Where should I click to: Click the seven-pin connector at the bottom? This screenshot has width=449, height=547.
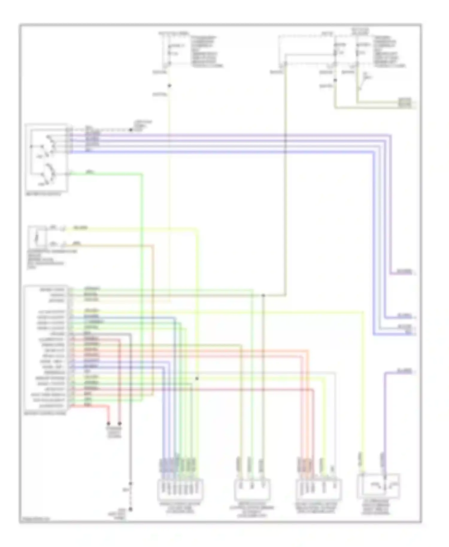coord(180,490)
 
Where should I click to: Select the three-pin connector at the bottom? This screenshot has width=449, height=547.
coord(252,490)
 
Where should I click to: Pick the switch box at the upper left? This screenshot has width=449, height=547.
coord(46,157)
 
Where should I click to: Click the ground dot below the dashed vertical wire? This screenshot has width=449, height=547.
coord(131,509)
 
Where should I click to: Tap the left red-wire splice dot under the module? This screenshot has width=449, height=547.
coord(108,423)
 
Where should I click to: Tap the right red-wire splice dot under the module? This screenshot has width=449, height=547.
coord(120,423)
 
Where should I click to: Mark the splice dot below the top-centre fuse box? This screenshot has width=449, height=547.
coord(169,86)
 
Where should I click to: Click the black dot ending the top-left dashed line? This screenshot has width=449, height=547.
coord(131,130)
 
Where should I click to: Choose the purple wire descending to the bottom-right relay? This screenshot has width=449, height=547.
coord(384,419)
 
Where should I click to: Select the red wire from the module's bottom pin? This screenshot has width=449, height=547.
coord(90,406)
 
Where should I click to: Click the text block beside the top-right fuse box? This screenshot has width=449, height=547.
coord(389,51)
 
